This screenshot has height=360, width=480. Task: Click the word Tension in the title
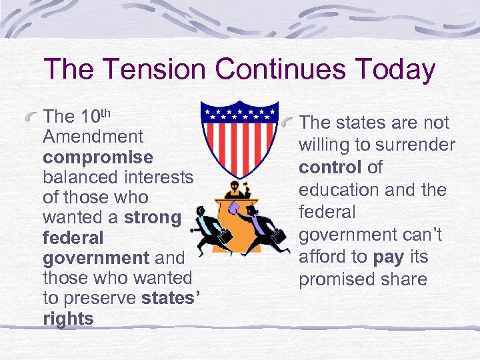tap(152, 69)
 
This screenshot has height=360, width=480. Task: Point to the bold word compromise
tap(98, 157)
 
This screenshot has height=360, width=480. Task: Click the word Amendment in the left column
tap(93, 137)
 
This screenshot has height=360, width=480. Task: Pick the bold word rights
tap(68, 319)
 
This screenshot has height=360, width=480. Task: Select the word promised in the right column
tap(337, 279)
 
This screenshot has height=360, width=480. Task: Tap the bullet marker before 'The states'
tap(287, 124)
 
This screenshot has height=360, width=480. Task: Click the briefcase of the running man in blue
tap(274, 238)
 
